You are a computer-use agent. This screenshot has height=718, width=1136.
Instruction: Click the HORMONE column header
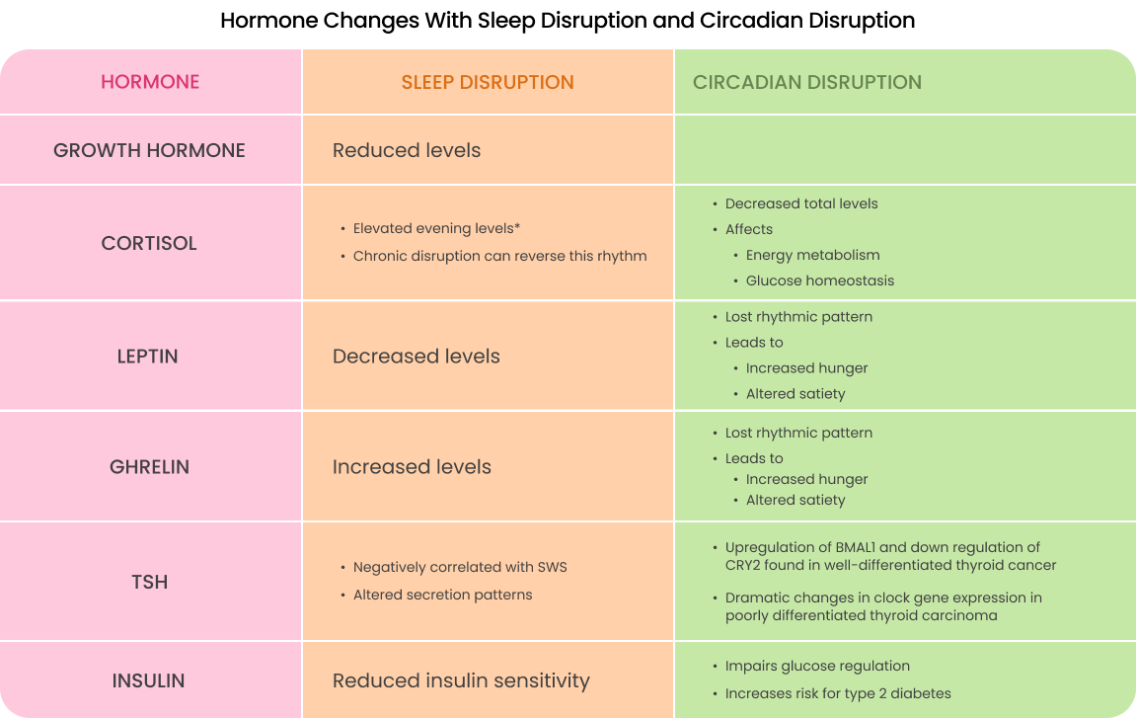click(150, 82)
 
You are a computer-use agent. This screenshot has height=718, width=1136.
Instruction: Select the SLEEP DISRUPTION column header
click(488, 82)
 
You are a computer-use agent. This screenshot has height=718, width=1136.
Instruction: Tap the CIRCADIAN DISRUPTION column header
click(807, 82)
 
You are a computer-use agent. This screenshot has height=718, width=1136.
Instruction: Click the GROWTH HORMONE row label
click(149, 150)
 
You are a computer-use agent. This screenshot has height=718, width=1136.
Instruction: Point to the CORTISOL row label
click(149, 243)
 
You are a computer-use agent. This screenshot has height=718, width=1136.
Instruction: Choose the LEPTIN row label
click(148, 357)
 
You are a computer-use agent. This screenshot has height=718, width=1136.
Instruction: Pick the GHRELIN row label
click(149, 467)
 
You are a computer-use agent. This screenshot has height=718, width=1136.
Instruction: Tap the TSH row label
click(149, 582)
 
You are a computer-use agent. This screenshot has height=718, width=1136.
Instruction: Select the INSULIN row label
click(149, 680)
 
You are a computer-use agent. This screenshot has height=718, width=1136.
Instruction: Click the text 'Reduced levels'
click(407, 150)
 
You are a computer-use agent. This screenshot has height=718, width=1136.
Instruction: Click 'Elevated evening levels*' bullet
click(436, 229)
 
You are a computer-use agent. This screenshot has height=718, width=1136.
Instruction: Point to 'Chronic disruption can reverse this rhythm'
click(499, 256)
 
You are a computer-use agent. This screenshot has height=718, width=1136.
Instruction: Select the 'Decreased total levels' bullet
click(801, 203)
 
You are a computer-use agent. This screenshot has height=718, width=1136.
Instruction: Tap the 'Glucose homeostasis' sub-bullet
click(820, 280)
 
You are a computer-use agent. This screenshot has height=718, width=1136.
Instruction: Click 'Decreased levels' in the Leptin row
click(417, 357)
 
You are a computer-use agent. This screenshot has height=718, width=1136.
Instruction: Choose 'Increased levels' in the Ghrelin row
click(412, 467)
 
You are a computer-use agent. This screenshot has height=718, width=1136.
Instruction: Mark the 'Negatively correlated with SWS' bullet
click(460, 567)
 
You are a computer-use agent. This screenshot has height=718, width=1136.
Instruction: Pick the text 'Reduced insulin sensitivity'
click(461, 680)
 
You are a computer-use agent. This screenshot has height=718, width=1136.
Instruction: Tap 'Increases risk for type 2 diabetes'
click(838, 693)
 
